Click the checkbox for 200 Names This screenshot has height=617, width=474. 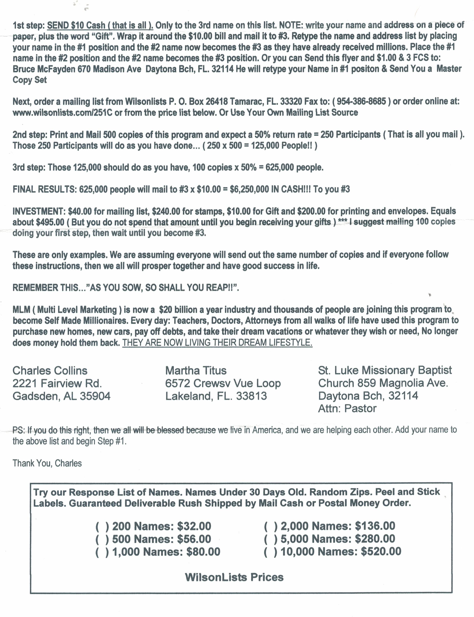[x=102, y=526]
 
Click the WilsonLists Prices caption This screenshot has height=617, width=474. [x=234, y=577]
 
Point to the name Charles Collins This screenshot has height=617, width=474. [x=50, y=371]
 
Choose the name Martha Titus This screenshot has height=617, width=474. [x=196, y=371]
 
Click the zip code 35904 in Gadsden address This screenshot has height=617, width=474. [x=95, y=396]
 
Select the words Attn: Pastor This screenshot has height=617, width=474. [x=347, y=409]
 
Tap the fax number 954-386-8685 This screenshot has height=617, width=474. [x=361, y=101]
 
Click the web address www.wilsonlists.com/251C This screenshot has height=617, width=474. [x=62, y=113]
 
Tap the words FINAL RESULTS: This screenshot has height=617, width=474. [x=44, y=189]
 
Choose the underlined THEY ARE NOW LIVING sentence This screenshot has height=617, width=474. [x=217, y=343]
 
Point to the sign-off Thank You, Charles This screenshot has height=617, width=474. [x=47, y=463]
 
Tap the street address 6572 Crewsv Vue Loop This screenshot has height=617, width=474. [x=223, y=383]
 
